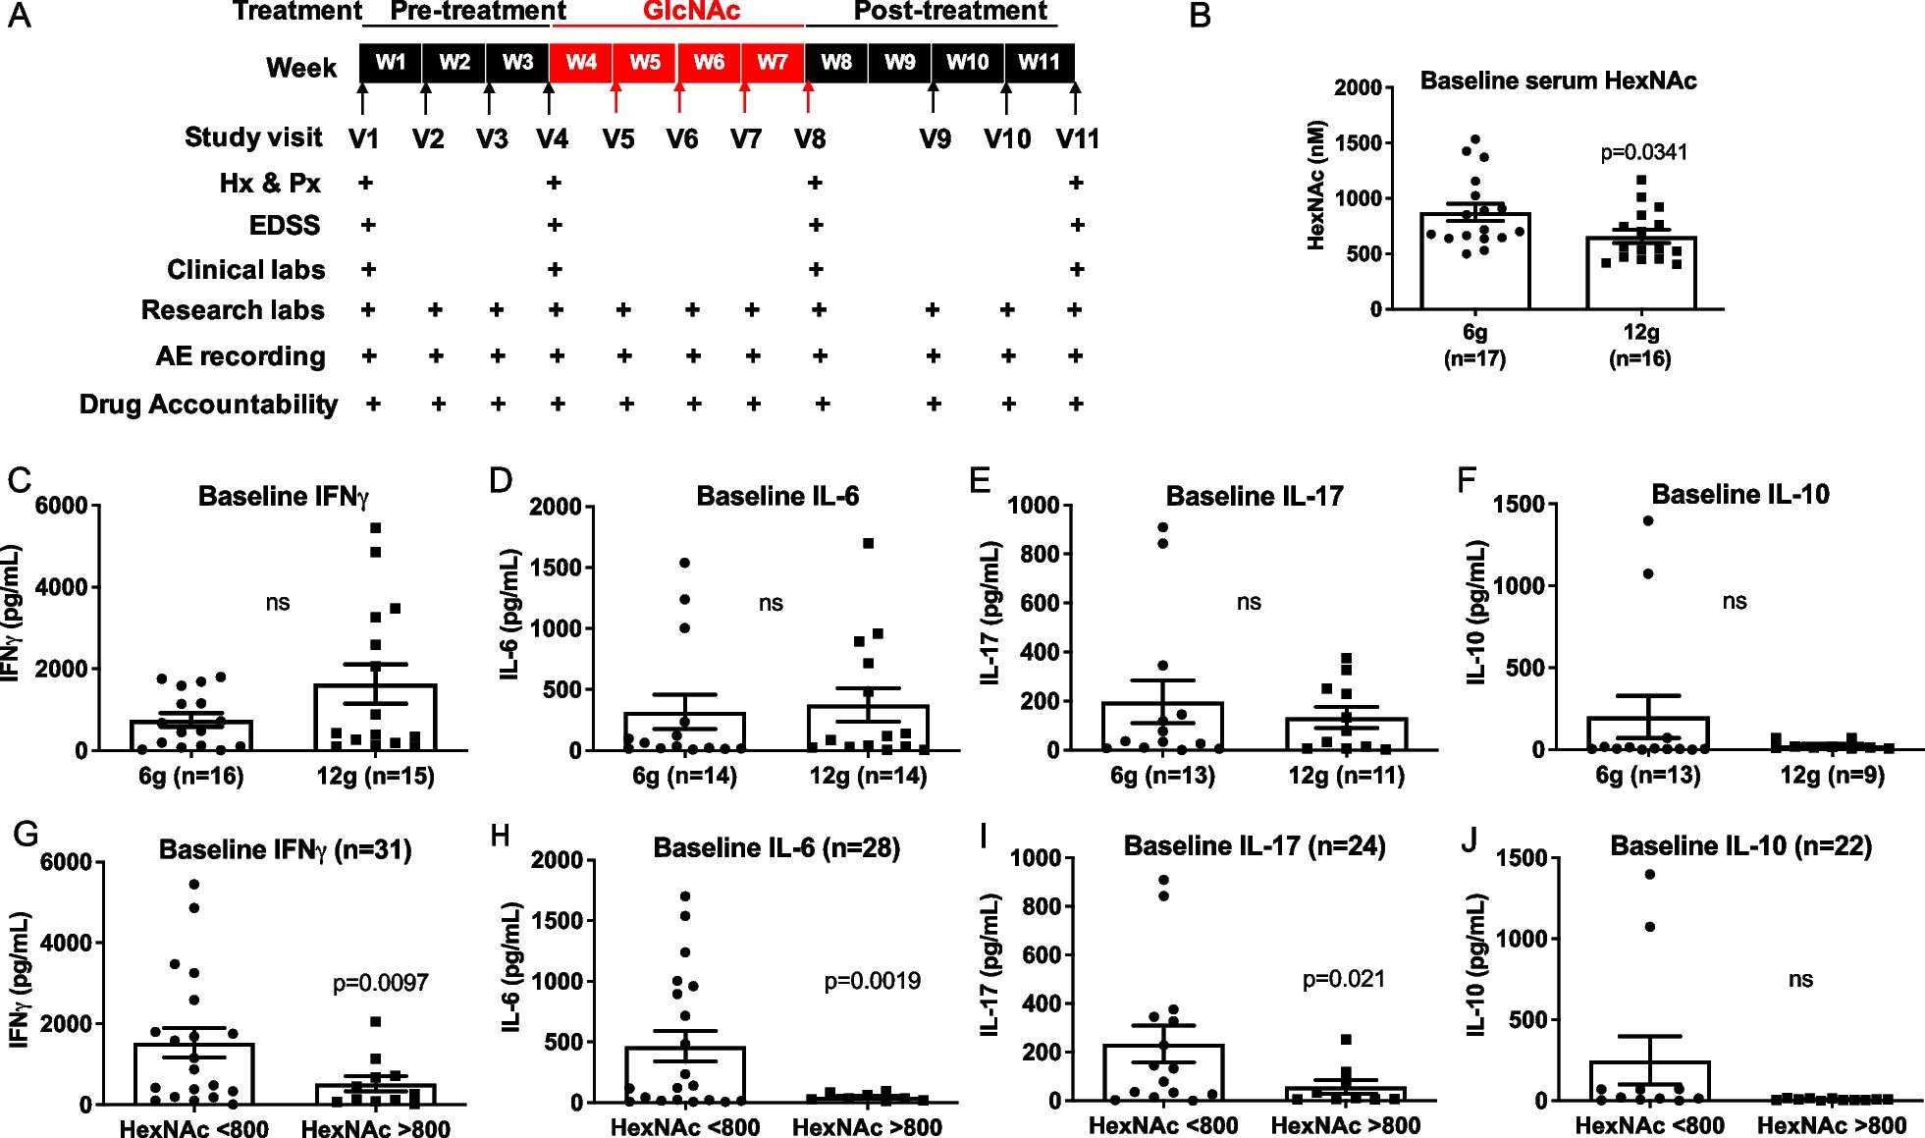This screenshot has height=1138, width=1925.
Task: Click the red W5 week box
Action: point(644,63)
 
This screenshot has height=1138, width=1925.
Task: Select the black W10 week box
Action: point(967,63)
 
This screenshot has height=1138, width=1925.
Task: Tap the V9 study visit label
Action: point(935,139)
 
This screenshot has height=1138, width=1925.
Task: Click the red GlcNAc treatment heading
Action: point(691,12)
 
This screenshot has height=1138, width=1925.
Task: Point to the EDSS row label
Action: point(284,226)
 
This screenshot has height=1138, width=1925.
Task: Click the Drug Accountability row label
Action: point(208,405)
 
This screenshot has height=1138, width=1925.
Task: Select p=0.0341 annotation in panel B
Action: point(1643,152)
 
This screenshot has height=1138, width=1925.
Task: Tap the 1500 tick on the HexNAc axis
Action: point(1357,143)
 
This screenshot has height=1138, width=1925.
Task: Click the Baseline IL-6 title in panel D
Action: point(777,496)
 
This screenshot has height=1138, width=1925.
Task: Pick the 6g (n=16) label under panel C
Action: point(190,776)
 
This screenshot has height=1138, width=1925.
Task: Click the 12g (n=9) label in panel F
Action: point(1832,775)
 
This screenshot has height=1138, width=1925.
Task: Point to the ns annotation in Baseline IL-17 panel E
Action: point(1249,602)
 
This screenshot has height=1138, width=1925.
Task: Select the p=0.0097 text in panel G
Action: point(380,983)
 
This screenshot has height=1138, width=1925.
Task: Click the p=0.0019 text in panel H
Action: point(872,981)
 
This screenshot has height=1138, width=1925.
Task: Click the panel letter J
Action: point(1469,840)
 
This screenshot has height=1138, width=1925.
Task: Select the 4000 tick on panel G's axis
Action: point(66,944)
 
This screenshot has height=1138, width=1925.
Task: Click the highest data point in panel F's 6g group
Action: point(1648,521)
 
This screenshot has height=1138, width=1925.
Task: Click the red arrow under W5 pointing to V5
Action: point(615,98)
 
